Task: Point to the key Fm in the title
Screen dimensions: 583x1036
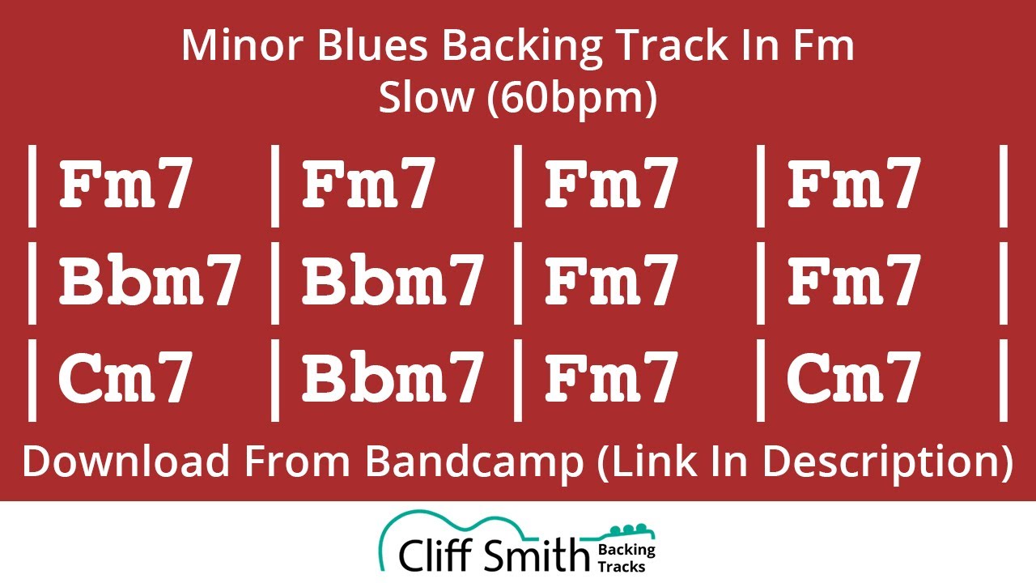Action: [x=819, y=46]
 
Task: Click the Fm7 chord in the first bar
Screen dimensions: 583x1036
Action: [x=125, y=184]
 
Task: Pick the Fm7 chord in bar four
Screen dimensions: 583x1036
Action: [x=854, y=184]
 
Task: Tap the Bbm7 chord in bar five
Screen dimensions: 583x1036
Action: [x=150, y=280]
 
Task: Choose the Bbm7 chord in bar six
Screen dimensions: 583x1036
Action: [x=393, y=280]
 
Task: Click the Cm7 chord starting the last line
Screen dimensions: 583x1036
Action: [x=125, y=378]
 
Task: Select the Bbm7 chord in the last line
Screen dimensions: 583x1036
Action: [x=393, y=378]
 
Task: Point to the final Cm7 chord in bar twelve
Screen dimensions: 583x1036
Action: [x=854, y=378]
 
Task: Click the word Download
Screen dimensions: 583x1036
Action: [x=126, y=462]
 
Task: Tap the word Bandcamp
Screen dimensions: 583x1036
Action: [x=473, y=462]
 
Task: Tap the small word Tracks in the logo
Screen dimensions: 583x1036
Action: [x=622, y=566]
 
